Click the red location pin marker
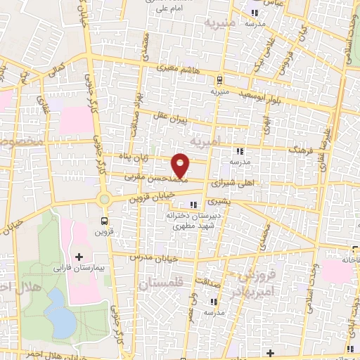(x=181, y=165)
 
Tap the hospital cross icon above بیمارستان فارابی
(x=79, y=257)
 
